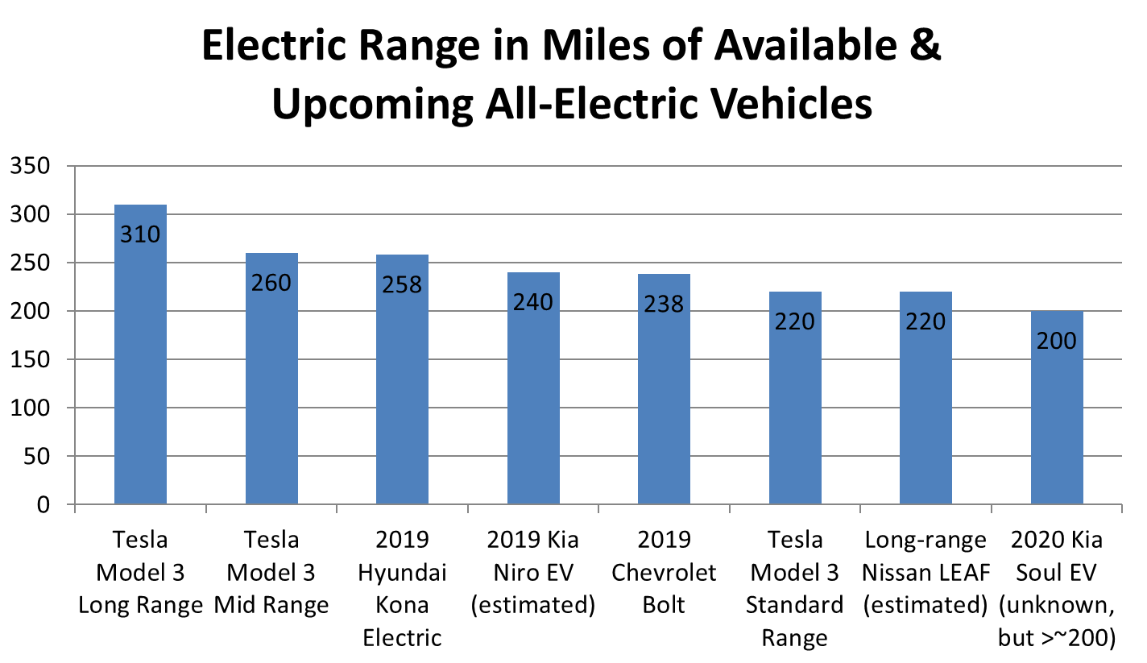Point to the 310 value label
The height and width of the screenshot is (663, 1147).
click(x=140, y=234)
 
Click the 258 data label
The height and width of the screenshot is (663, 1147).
click(x=402, y=284)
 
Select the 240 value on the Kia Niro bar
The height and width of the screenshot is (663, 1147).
click(x=533, y=302)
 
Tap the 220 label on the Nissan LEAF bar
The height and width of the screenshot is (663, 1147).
click(x=925, y=321)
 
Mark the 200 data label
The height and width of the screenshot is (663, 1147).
click(x=1057, y=341)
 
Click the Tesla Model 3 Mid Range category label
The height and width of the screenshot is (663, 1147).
click(x=271, y=572)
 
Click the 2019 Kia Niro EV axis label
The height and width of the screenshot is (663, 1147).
click(x=533, y=572)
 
